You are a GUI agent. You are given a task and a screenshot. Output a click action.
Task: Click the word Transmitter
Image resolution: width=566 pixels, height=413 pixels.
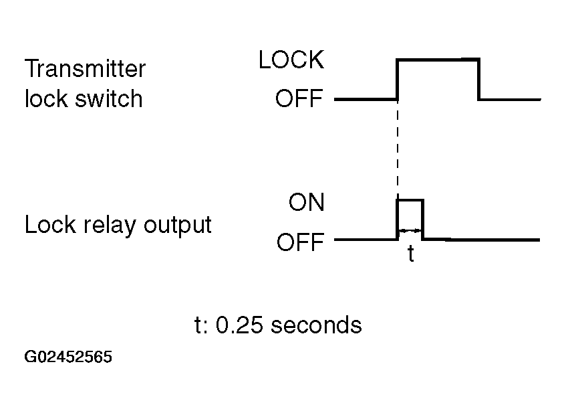pyautogui.click(x=85, y=69)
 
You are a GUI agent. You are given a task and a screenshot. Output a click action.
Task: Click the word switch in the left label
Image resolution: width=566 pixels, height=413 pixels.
pyautogui.click(x=109, y=98)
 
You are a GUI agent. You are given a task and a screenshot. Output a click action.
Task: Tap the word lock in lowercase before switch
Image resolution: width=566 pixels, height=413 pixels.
pyautogui.click(x=46, y=98)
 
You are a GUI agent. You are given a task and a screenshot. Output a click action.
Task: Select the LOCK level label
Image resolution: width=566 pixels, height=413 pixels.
pyautogui.click(x=291, y=60)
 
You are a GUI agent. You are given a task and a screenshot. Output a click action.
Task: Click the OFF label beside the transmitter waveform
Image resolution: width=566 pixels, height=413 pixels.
pyautogui.click(x=299, y=98)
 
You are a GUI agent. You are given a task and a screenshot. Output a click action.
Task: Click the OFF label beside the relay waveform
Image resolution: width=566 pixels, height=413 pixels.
pyautogui.click(x=300, y=242)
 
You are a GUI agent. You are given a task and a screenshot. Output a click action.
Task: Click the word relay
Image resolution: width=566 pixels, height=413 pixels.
pyautogui.click(x=110, y=226)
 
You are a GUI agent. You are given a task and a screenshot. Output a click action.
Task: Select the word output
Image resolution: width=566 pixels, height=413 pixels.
pyautogui.click(x=178, y=226)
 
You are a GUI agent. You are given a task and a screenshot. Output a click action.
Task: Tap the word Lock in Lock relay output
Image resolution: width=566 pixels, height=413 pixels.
pyautogui.click(x=50, y=225)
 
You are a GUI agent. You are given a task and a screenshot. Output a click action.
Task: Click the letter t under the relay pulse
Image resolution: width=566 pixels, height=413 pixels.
pyautogui.click(x=410, y=254)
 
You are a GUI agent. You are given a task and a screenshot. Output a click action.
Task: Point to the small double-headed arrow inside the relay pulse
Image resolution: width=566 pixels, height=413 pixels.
pyautogui.click(x=410, y=230)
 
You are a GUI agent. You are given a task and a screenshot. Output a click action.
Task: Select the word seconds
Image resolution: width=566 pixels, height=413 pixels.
pyautogui.click(x=316, y=325)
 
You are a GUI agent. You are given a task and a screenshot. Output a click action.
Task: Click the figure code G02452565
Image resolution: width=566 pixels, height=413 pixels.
pyautogui.click(x=68, y=357)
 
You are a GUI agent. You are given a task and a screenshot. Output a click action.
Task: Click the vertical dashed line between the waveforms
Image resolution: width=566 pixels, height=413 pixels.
pyautogui.click(x=398, y=149)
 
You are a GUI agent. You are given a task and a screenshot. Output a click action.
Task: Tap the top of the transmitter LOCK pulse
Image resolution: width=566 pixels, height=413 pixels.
pyautogui.click(x=438, y=59)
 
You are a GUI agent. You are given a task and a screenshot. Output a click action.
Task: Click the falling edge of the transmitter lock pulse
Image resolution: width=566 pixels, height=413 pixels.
pyautogui.click(x=478, y=79)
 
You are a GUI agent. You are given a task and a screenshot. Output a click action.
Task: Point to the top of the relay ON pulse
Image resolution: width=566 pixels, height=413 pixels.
pyautogui.click(x=410, y=199)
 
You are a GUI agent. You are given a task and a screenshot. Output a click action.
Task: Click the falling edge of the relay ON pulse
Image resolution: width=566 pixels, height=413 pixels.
pyautogui.click(x=423, y=219)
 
